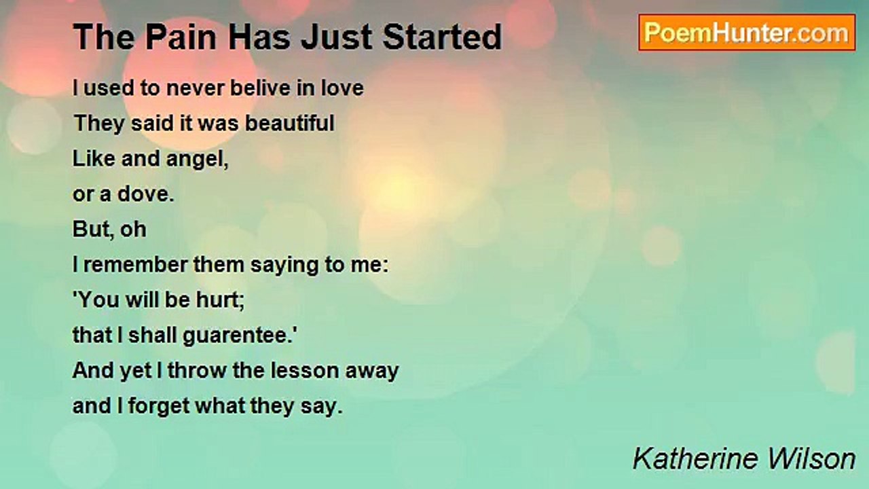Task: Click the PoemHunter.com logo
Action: coord(747,33)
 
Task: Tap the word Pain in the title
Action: coord(181,37)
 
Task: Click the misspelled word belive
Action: coord(261,88)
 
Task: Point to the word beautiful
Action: coord(289,123)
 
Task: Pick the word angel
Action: coord(197,159)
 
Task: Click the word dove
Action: coord(145,194)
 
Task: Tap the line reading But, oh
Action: coord(109,230)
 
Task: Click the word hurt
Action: coord(221,300)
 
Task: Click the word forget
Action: coord(159,407)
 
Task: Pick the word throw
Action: coord(197,371)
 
